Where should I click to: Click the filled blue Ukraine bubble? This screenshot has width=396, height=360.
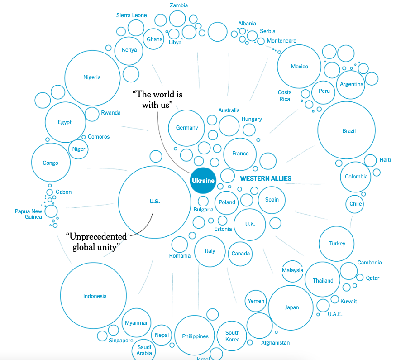[x=203, y=181]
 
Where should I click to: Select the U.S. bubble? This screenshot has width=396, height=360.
[x=155, y=202]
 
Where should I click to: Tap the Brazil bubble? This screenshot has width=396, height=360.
[x=347, y=130]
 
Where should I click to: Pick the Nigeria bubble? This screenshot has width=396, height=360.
[x=92, y=77]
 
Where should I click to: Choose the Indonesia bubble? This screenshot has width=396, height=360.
[x=95, y=296]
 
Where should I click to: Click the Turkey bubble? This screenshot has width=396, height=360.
[x=337, y=244]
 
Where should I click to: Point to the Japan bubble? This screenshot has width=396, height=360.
[x=291, y=308]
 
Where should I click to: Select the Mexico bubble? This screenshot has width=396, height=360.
[x=299, y=67]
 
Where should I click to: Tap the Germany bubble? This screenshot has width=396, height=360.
[x=187, y=128]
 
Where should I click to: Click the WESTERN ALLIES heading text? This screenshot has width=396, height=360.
[x=266, y=178]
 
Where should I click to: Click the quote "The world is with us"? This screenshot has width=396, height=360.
[x=157, y=100]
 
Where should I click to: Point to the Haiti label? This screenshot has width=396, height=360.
[x=385, y=160]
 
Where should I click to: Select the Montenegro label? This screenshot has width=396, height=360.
[x=281, y=41]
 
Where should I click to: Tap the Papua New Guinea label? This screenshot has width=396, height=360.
[x=28, y=214]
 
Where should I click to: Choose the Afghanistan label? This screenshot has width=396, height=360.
[x=275, y=343]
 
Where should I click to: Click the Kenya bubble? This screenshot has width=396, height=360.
[x=129, y=50]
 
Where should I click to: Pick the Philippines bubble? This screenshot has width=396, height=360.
[x=195, y=336]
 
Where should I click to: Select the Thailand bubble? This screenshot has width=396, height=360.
[x=323, y=281]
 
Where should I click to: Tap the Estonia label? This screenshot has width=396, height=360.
[x=223, y=229]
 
